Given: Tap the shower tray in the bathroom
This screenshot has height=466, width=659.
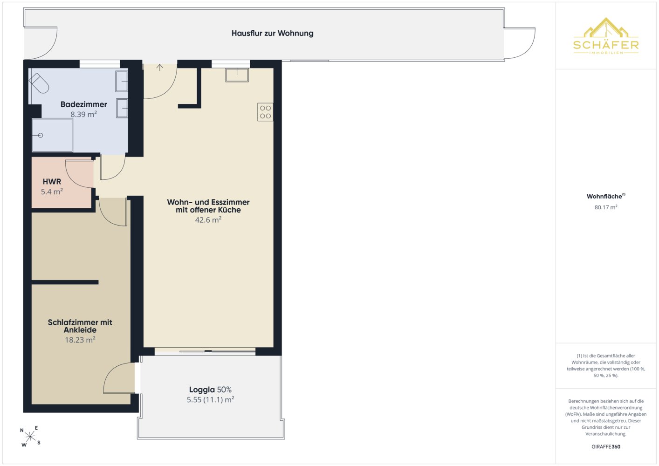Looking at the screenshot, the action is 52,135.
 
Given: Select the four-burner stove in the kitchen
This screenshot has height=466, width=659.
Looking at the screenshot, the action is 265,112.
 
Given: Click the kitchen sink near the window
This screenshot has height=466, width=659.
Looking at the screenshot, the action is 237,75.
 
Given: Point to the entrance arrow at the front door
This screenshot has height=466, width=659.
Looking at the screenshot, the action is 160,68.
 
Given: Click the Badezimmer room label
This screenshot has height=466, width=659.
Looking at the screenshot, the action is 84,104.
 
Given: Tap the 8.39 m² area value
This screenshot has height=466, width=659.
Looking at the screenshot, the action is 83,114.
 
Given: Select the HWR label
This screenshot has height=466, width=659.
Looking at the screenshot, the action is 52,182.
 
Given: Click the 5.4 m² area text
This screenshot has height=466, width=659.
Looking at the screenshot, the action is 52,192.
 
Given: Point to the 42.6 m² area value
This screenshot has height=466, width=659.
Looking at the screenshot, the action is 208,220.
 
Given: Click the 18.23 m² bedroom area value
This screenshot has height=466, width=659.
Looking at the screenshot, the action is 80,340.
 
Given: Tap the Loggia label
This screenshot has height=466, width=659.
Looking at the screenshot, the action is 202,390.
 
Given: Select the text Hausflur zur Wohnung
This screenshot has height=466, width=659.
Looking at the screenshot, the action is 273,33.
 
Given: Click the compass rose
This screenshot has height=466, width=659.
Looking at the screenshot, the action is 30,436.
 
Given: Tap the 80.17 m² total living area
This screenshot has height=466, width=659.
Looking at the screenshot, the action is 606,207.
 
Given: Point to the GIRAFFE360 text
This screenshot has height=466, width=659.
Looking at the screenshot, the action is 606,446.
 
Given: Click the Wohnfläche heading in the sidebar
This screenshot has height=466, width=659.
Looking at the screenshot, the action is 605,196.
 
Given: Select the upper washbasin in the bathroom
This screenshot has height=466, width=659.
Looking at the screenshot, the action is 122,81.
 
